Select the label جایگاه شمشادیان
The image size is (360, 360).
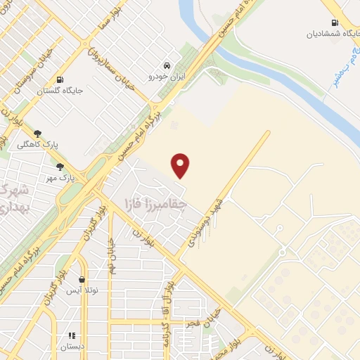tap(330, 34)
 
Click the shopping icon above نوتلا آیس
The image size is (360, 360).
tap(82, 279)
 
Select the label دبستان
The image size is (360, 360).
tap(72, 347)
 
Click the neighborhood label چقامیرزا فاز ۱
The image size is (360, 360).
tap(154, 204)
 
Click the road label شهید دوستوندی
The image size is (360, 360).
tap(204, 224)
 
